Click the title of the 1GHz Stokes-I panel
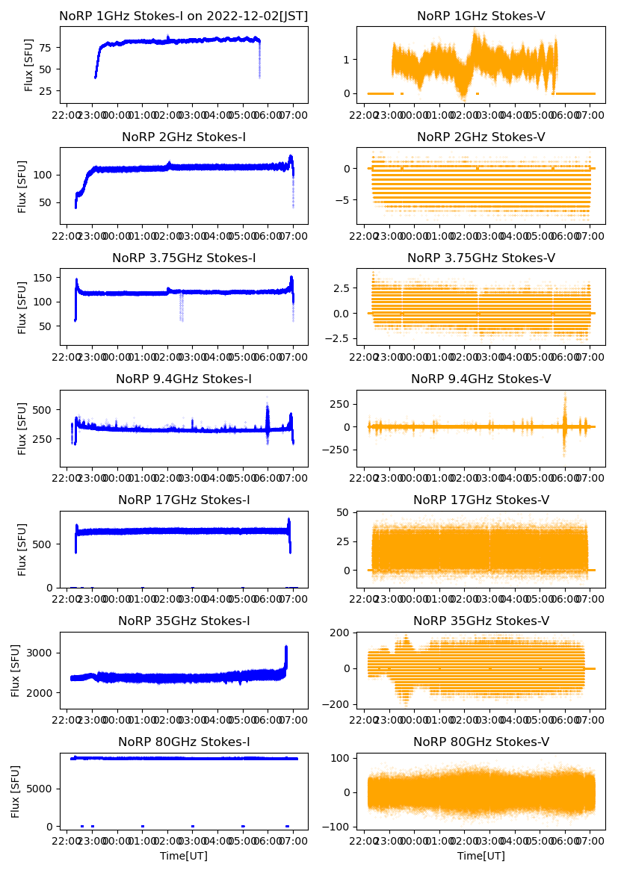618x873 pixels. pyautogui.click(x=184, y=16)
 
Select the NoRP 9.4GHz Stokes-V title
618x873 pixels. pyautogui.click(x=481, y=379)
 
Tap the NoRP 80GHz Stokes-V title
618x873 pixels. pyautogui.click(x=481, y=742)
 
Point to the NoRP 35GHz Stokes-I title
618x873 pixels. pyautogui.click(x=184, y=621)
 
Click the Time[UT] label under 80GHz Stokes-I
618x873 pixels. pyautogui.click(x=184, y=856)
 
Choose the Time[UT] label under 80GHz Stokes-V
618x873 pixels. pyautogui.click(x=481, y=856)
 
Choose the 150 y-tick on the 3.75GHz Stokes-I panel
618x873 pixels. pyautogui.click(x=45, y=278)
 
